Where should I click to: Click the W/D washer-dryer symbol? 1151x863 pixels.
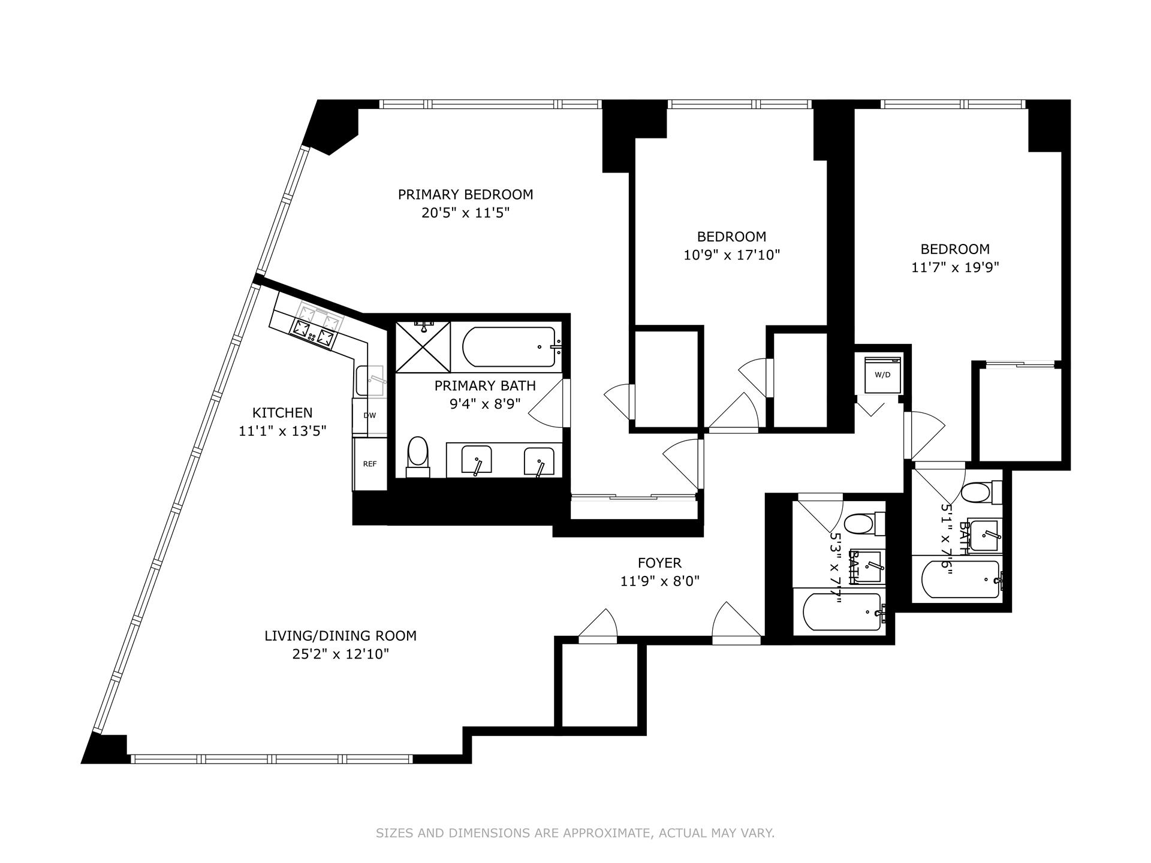pos(882,375)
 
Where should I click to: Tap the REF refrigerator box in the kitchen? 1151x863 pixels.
pos(370,464)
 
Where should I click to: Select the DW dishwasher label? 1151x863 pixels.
pos(369,415)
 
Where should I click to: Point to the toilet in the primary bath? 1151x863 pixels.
pos(418,457)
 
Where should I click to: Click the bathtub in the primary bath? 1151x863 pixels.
pos(510,346)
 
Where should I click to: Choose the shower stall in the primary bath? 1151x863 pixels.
pos(423,347)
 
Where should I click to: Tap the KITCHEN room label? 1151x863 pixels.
pos(282,412)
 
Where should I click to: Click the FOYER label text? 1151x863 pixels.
pos(659,563)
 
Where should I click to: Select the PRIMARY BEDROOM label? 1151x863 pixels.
pos(465,194)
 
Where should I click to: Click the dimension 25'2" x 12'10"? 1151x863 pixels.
pos(341,654)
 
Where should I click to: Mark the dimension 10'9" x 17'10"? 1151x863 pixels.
pos(731,255)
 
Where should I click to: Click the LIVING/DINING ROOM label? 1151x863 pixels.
pos(341,635)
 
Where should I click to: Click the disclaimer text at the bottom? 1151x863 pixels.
pos(575,833)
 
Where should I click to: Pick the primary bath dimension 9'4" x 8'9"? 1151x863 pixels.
pos(485,404)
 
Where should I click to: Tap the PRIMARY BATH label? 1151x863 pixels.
pos(485,385)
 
